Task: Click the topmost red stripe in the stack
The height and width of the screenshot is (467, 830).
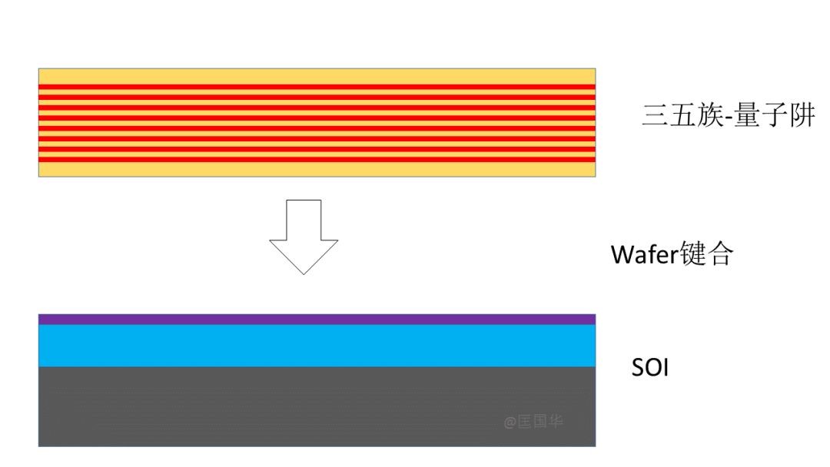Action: pyautogui.click(x=317, y=87)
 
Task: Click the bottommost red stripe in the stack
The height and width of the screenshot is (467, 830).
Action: pyautogui.click(x=317, y=159)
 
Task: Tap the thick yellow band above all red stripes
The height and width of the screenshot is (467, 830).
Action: pyautogui.click(x=317, y=76)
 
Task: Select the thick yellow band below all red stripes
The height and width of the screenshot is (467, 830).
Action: pyautogui.click(x=317, y=169)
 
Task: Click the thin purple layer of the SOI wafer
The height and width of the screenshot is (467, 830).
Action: pyautogui.click(x=317, y=319)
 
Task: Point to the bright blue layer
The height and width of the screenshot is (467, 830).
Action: pyautogui.click(x=317, y=346)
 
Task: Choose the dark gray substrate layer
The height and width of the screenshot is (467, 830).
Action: pyautogui.click(x=317, y=406)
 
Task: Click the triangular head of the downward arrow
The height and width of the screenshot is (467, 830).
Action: pyautogui.click(x=304, y=254)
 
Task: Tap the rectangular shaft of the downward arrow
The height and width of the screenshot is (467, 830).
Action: pyautogui.click(x=304, y=220)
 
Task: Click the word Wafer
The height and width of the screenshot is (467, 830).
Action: pyautogui.click(x=644, y=254)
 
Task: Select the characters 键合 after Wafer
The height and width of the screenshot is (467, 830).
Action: pyautogui.click(x=707, y=253)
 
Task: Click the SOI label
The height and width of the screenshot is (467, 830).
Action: pyautogui.click(x=650, y=367)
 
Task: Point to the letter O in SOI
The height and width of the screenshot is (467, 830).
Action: pyautogui.click(x=653, y=367)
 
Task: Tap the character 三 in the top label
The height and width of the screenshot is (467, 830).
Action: pyautogui.click(x=654, y=114)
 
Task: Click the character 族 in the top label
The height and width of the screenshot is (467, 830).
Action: pyautogui.click(x=709, y=114)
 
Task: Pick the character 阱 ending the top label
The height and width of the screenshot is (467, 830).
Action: pyautogui.click(x=802, y=114)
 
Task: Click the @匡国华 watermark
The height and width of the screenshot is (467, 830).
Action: pyautogui.click(x=533, y=422)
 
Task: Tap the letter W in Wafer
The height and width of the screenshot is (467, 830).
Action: pyautogui.click(x=622, y=254)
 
